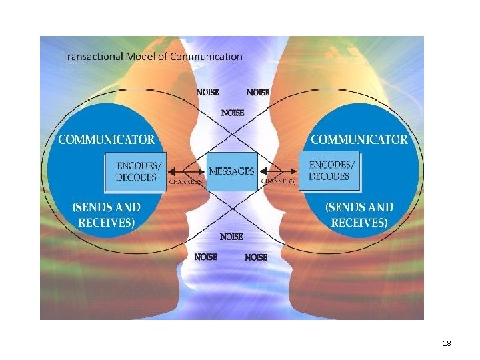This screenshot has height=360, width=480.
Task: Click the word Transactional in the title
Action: pos(92,56)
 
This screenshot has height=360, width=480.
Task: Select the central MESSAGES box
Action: pos(231,171)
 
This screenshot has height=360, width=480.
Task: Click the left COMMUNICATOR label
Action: pos(107,140)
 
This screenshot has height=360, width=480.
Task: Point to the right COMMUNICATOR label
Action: pos(359,140)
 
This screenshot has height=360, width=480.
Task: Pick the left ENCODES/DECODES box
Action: pos(136,171)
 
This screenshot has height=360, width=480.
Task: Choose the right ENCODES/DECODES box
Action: pos(329,171)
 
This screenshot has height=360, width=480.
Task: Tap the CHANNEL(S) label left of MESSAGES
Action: pos(186,181)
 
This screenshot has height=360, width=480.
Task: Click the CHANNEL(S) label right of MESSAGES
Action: pos(277,181)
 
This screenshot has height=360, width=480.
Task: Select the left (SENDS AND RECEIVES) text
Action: pos(107,215)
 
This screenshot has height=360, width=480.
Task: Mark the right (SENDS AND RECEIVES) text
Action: pos(359,215)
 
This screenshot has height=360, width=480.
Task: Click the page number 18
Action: pos(447,343)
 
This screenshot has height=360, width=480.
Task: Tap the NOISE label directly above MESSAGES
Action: pos(232,112)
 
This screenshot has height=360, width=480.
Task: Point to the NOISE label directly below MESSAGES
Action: pos(231,237)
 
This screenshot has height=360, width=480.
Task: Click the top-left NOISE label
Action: pos(207,93)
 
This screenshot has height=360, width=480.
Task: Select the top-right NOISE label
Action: pos(258,93)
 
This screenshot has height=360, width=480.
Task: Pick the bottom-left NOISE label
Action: pos(205,257)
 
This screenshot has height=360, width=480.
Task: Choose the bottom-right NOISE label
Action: pos(256,257)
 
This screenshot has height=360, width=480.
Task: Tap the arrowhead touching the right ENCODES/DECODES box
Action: pos(297,171)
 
